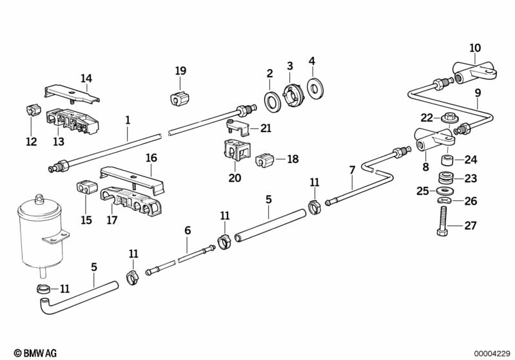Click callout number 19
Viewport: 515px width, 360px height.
click(x=180, y=70)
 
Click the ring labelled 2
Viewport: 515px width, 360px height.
click(x=271, y=100)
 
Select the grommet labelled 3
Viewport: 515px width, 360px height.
click(x=294, y=95)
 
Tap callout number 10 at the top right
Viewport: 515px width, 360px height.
click(x=475, y=48)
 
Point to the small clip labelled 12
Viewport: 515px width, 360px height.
click(x=30, y=110)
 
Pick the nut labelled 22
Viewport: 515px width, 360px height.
click(x=447, y=118)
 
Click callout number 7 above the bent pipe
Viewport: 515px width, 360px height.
click(x=352, y=170)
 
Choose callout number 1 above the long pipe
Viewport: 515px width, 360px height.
click(x=128, y=119)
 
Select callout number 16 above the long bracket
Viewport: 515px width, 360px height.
click(x=151, y=158)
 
